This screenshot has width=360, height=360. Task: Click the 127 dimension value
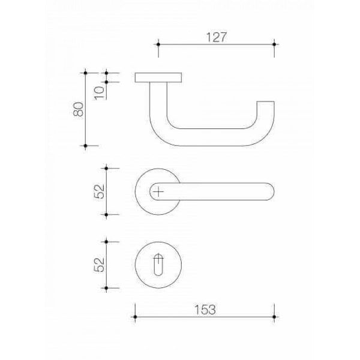click(x=216, y=37)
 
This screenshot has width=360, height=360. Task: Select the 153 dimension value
click(x=205, y=310)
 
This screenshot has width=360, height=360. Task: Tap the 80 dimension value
click(x=79, y=109)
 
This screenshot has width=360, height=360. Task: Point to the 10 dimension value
click(x=100, y=93)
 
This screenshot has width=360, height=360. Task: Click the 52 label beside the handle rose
click(x=99, y=191)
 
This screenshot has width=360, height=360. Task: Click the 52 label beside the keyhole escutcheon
click(x=99, y=265)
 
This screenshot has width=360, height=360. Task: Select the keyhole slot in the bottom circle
click(x=158, y=265)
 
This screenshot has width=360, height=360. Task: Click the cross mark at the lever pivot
click(x=158, y=191)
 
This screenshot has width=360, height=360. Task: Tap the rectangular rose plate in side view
click(x=158, y=77)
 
